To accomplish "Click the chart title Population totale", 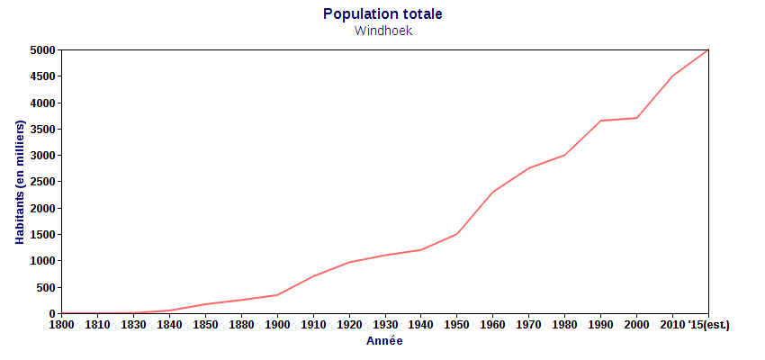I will [382, 14].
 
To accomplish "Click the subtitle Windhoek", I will [382, 31].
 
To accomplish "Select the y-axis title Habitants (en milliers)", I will [19, 182].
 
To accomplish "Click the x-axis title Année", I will [384, 341].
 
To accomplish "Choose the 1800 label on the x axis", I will [61, 324].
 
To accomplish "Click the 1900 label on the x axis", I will [277, 324].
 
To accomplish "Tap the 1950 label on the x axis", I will [457, 324].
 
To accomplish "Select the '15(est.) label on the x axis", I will [709, 324].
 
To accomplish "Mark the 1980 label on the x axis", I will [565, 324].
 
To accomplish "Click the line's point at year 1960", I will [493, 192].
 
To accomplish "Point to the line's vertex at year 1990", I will [601, 121].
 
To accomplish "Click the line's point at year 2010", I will [673, 76].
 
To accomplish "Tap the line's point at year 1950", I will [457, 234].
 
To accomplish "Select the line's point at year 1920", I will [349, 262].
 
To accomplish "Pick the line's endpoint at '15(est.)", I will [708, 50].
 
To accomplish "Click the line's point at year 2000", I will [637, 118].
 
